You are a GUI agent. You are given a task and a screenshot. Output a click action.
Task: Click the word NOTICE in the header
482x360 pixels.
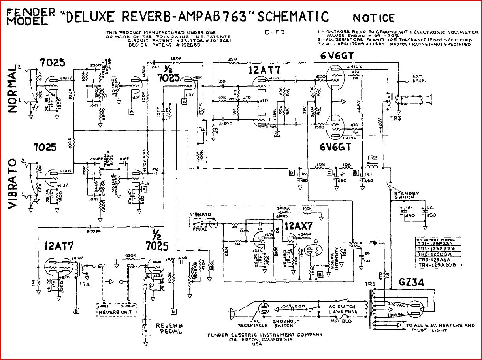[373, 18]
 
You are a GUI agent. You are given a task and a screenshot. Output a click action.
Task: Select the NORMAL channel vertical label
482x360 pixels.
[13, 89]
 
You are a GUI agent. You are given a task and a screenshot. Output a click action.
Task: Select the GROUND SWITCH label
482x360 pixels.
[283, 323]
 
